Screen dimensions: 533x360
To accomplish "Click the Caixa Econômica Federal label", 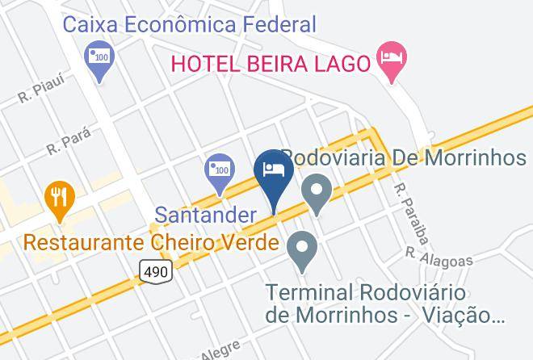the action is coord(190,23).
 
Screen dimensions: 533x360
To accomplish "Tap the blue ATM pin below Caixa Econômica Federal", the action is coord(99,61).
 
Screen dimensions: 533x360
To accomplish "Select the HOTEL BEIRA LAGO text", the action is coord(269,61).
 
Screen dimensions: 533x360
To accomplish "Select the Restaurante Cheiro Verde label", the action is coord(152,242).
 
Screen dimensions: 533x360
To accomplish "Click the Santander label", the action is coord(205,216).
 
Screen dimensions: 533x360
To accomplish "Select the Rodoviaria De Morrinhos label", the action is coord(404,157).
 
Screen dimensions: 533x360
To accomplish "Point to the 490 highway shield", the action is coord(157,272).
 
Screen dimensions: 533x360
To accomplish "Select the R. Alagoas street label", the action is coord(439,256).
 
